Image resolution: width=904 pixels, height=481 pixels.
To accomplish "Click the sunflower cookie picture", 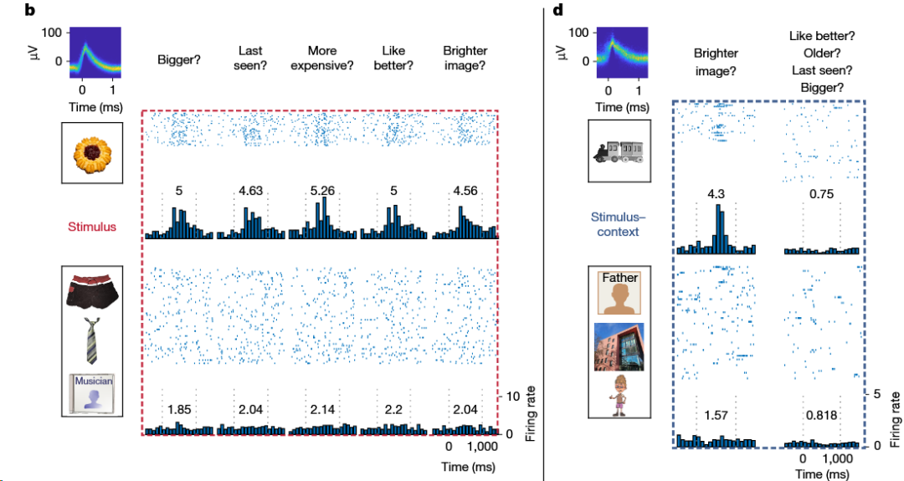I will [x=91, y=152].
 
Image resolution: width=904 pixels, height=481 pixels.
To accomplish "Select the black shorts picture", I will [x=92, y=289].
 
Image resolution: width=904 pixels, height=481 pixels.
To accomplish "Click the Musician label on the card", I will [x=93, y=380].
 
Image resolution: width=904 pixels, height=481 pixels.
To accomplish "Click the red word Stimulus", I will [x=92, y=226].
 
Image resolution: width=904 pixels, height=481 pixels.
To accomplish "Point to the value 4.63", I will [x=251, y=191].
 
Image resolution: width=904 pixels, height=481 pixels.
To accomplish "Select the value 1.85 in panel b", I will [x=180, y=409].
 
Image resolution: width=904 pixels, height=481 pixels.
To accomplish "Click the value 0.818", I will [x=821, y=415].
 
